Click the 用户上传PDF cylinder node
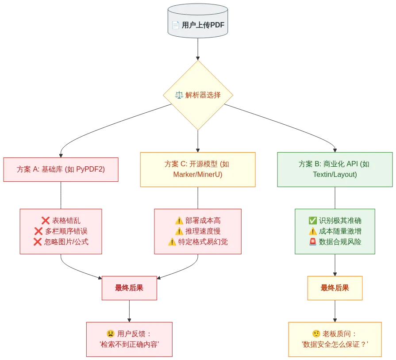point(198,25)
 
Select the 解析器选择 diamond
point(198,95)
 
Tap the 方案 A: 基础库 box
point(61,169)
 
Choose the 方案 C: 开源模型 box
point(198,169)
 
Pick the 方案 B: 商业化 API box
point(334,169)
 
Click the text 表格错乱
point(66,221)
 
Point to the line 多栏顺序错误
point(66,231)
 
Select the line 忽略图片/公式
point(66,241)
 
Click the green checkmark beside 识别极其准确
point(312,221)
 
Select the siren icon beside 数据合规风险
point(312,241)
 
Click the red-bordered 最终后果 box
point(129,288)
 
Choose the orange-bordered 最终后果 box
point(335,288)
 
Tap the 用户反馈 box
point(129,338)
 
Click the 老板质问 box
point(335,338)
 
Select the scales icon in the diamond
point(179,95)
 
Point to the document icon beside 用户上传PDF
point(176,25)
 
